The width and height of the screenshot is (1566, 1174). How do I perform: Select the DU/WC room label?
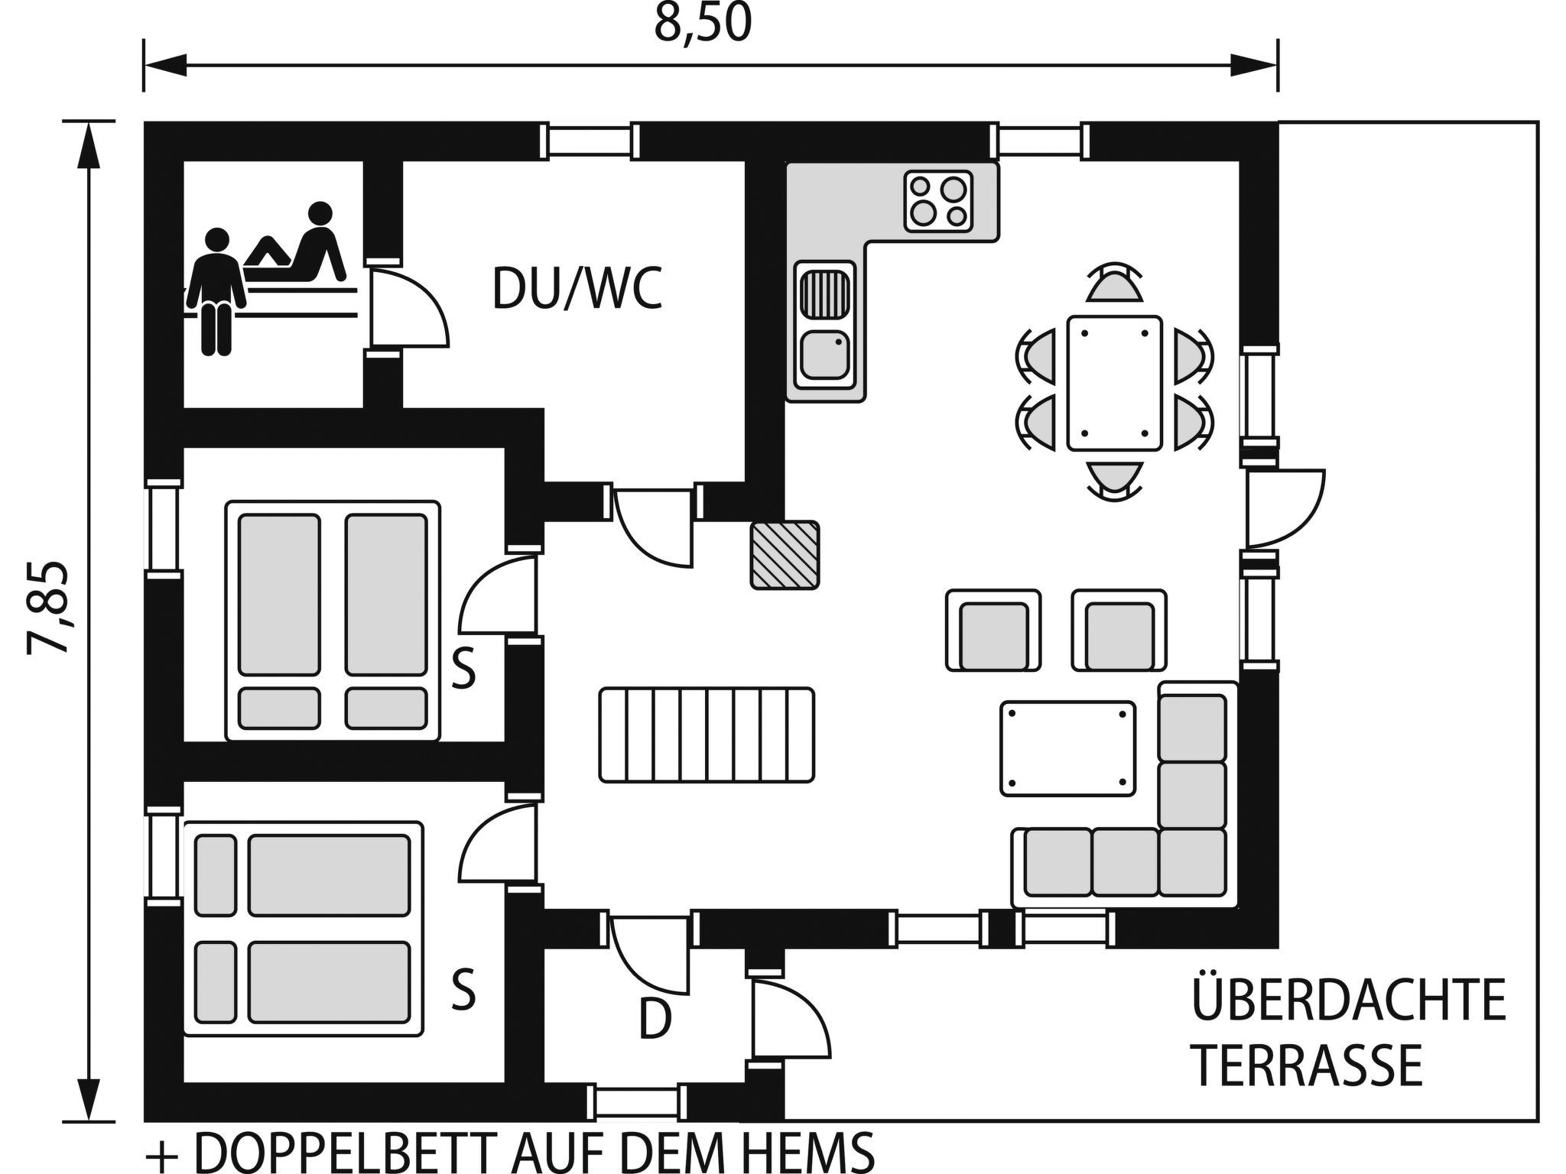click(577, 290)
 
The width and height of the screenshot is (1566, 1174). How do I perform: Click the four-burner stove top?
click(938, 201)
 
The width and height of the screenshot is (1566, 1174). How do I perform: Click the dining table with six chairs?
click(1114, 383)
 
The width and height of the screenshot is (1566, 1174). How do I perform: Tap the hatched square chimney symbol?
click(785, 555)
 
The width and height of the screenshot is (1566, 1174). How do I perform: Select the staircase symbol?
click(707, 735)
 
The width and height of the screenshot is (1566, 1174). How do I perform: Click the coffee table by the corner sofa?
click(1068, 749)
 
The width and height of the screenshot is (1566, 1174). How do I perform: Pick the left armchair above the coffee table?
click(993, 631)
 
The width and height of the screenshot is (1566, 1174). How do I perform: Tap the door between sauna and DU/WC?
click(405, 310)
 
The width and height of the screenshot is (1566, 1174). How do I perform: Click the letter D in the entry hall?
click(655, 1020)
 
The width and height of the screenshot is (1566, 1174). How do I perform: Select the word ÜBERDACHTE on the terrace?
click(1349, 1000)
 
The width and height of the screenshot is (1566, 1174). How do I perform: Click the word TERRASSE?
click(1308, 1065)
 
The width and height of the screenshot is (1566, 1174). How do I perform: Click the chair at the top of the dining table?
click(1114, 284)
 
